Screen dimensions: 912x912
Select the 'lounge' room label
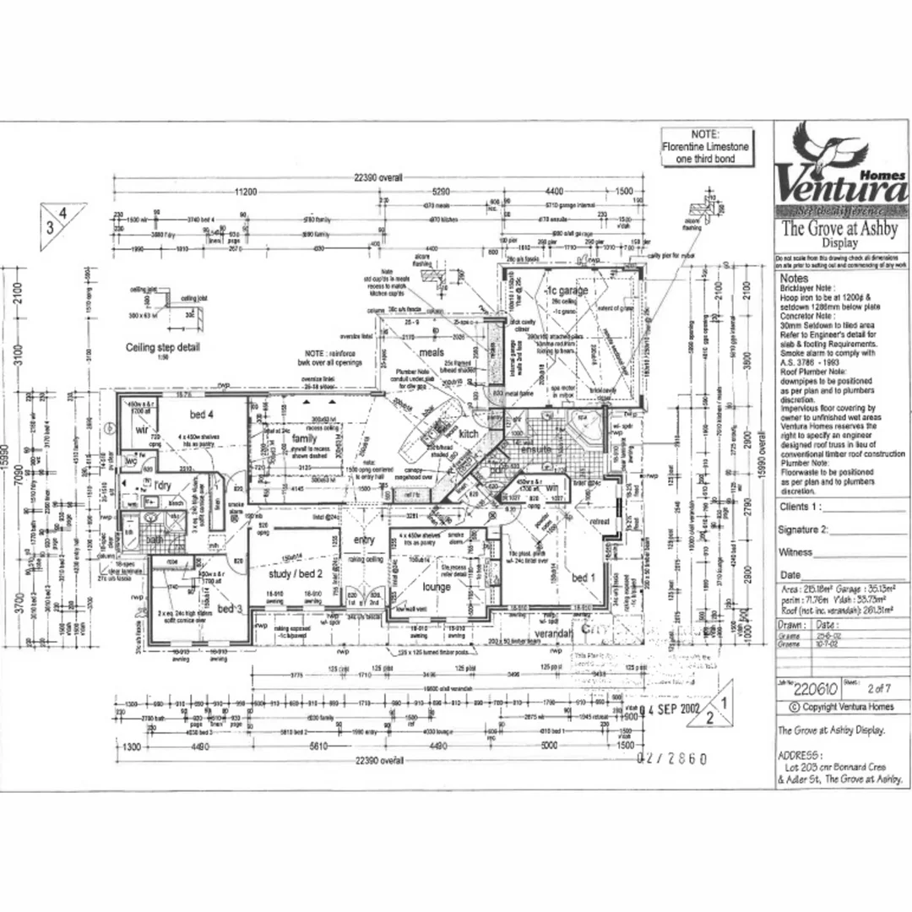(437, 586)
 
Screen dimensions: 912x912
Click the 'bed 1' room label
(584, 577)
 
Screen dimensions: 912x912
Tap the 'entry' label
(364, 540)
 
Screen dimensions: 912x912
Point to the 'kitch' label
(469, 433)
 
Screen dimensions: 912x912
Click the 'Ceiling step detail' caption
(163, 347)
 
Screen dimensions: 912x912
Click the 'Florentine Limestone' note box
(704, 147)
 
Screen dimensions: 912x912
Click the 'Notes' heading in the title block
(794, 278)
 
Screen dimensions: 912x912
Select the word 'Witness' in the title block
(795, 551)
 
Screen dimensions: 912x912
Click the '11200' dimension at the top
(246, 191)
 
